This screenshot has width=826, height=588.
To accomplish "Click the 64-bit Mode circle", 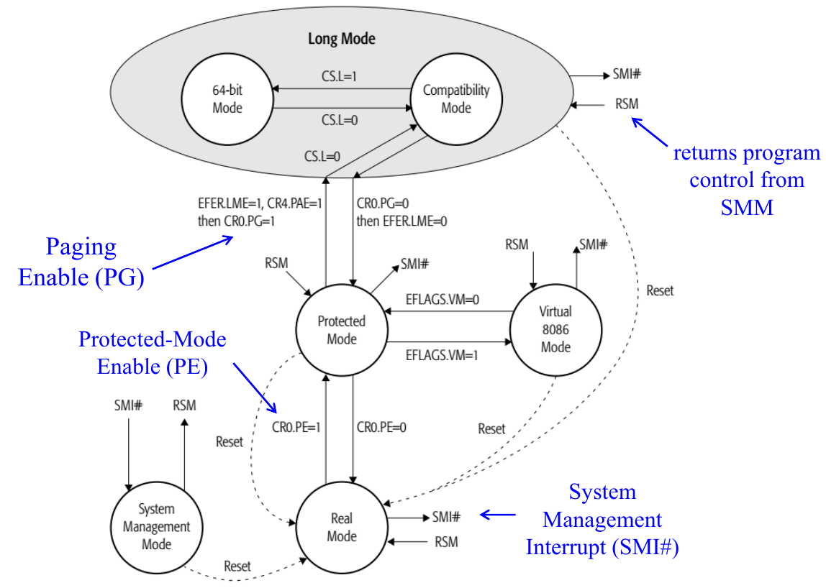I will click(x=227, y=98).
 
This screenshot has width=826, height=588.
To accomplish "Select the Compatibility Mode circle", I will click(x=456, y=98).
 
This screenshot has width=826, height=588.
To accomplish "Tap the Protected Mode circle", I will click(x=342, y=330).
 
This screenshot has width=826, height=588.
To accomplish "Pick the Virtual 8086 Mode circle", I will click(x=555, y=329).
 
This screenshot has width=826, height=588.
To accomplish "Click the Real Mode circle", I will click(x=342, y=527).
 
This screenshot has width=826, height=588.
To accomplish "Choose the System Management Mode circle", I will click(x=156, y=526).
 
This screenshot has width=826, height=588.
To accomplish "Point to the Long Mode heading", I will click(x=342, y=38).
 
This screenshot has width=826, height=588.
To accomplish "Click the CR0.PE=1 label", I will click(x=296, y=427).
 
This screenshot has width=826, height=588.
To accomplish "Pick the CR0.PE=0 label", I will click(x=381, y=427).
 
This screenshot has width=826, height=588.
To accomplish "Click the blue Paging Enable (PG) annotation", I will click(x=81, y=262).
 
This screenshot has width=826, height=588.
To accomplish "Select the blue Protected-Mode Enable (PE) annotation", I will click(x=152, y=353).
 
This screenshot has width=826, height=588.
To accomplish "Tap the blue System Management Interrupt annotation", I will click(x=602, y=520).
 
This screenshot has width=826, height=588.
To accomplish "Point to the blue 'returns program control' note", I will click(x=746, y=180).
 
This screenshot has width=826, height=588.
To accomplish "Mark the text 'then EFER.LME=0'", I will click(x=401, y=221).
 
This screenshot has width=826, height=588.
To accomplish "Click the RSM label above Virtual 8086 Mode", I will click(x=517, y=244).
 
